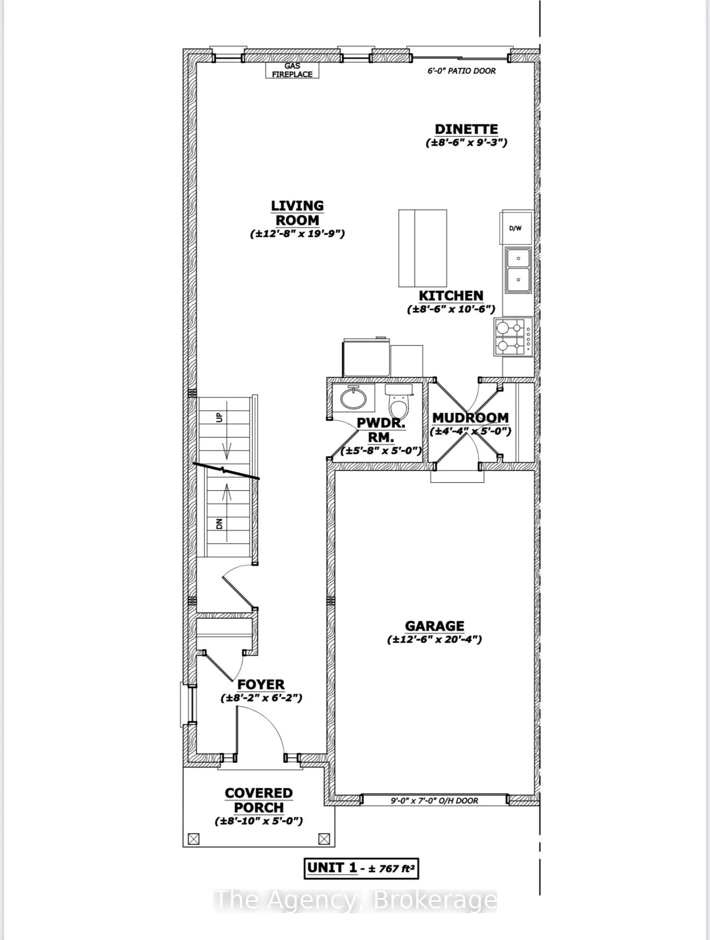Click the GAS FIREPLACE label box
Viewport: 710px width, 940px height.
(292, 70)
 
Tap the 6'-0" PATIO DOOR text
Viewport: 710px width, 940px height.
(461, 70)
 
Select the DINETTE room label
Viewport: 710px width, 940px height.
(466, 129)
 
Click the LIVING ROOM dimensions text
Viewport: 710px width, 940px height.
(297, 234)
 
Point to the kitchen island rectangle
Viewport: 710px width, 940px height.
(422, 248)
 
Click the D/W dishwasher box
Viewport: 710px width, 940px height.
(515, 228)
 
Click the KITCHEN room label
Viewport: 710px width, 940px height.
(451, 296)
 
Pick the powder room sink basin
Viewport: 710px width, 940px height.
(353, 398)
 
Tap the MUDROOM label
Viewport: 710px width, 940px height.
(470, 418)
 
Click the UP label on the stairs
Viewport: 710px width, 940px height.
(219, 417)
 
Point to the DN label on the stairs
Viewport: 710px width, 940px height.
(219, 523)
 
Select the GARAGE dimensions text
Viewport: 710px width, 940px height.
(434, 640)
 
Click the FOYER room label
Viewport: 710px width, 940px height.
(261, 684)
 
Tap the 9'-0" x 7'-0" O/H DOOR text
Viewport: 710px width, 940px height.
(434, 800)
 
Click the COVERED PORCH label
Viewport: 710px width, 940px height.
(259, 800)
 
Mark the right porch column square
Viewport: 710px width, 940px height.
(324, 838)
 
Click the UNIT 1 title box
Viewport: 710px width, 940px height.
(361, 868)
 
